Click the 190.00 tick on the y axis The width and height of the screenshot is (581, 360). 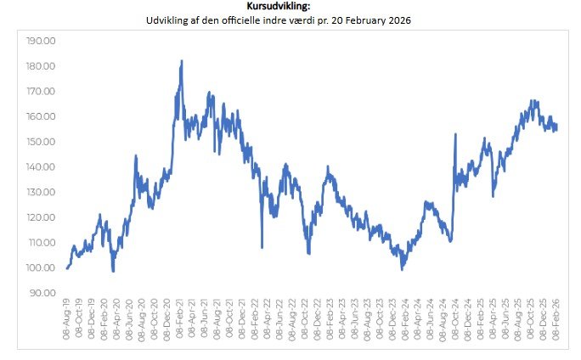42,41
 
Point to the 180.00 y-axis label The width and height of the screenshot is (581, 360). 42,66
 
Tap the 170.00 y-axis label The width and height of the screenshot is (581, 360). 42,92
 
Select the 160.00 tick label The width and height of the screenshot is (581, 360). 42,116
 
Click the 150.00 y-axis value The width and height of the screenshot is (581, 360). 42,142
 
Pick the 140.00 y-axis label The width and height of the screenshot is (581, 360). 42,167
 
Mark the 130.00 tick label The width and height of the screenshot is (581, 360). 42,193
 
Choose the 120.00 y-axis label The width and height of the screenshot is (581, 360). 42,217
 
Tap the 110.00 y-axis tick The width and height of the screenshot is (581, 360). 42,243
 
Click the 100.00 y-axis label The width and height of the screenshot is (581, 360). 42,268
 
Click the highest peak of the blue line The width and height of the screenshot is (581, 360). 182,61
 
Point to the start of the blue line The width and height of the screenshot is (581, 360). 66,268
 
